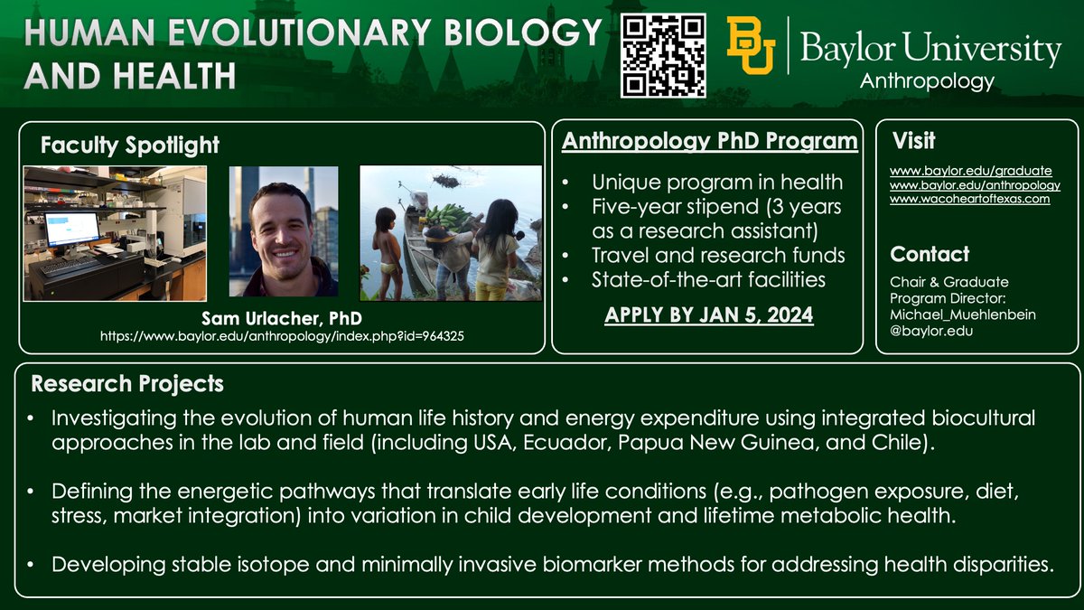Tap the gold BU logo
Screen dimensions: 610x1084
tap(751, 47)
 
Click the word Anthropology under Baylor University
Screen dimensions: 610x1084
tap(927, 81)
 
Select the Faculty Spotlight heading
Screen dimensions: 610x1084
tap(130, 145)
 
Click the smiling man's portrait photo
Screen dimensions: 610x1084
tap(284, 231)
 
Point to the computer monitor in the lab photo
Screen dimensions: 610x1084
tap(71, 229)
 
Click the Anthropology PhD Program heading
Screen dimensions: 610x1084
tap(710, 142)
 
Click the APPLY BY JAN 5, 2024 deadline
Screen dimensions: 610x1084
tap(707, 316)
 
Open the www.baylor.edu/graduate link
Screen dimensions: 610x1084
tap(970, 170)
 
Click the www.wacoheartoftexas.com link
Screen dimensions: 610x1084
tap(969, 199)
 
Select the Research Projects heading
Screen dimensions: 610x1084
tap(127, 384)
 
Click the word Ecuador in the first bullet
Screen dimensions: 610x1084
tap(564, 444)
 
